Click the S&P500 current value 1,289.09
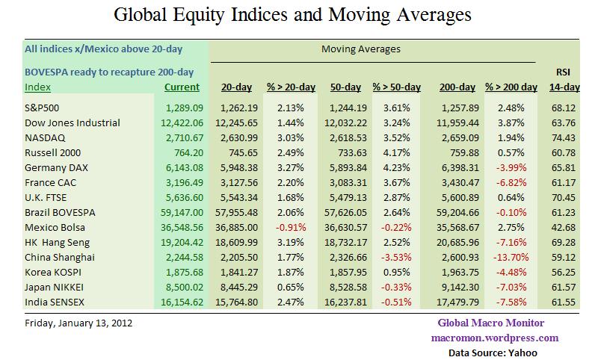pyautogui.click(x=182, y=108)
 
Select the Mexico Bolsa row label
pyautogui.click(x=55, y=227)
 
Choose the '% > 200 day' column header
pyautogui.click(x=511, y=87)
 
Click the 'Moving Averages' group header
pyautogui.click(x=360, y=49)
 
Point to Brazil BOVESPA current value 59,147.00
pyautogui.click(x=179, y=212)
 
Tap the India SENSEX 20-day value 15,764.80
pyautogui.click(x=238, y=302)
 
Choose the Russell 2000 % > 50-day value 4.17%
pyautogui.click(x=392, y=152)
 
